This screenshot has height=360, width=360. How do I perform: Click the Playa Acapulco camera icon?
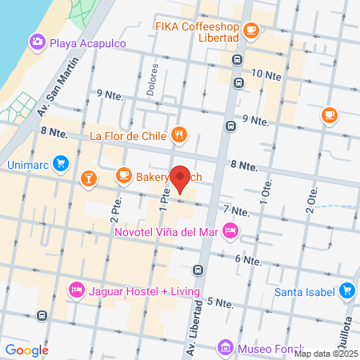coord(36,42)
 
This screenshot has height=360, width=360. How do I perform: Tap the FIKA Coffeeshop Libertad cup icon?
coord(251,30)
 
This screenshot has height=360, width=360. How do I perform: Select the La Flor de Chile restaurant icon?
coord(180,135)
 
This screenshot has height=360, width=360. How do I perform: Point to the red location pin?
coord(180,180)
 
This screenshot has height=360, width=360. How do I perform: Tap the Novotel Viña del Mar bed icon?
coord(230,231)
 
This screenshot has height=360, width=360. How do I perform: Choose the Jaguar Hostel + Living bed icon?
coord(77,288)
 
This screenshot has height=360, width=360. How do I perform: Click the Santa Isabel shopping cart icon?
coord(346,290)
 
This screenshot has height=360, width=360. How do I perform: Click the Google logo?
coord(26,350)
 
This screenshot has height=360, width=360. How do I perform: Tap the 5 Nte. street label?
coord(219,302)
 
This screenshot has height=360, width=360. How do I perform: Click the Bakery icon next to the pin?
coord(123,174)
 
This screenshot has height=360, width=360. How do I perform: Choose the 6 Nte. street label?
coord(248,260)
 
